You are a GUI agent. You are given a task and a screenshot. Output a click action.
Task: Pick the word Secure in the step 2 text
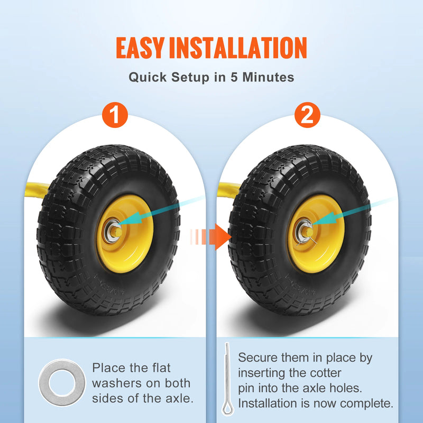[x=260, y=357]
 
